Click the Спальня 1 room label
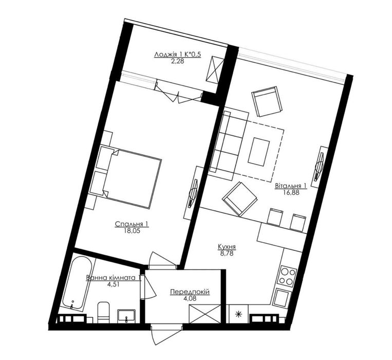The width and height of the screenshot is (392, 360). point(132,224)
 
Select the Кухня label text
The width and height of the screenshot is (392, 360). point(227,247)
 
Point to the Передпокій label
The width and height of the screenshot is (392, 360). point(190,292)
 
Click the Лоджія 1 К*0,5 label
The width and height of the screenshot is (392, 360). point(178,55)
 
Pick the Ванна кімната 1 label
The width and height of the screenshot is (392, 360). point(114,278)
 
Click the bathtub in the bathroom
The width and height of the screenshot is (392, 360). point(77,283)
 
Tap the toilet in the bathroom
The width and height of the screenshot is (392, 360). point(103,312)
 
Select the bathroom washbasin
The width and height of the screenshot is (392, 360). point(126,316)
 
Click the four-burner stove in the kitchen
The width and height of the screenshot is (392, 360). point(287,276)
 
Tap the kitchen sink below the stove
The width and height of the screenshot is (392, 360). point(282,297)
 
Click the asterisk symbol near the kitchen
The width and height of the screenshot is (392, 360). point(239,314)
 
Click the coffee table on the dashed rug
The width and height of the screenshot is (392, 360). point(259,152)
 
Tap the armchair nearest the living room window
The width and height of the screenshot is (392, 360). point(267,101)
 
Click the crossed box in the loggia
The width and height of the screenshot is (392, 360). point(215,68)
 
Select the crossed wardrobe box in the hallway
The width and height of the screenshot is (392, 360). point(205,314)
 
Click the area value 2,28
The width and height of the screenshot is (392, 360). point(178,61)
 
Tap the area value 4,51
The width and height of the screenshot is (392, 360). point(114,284)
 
